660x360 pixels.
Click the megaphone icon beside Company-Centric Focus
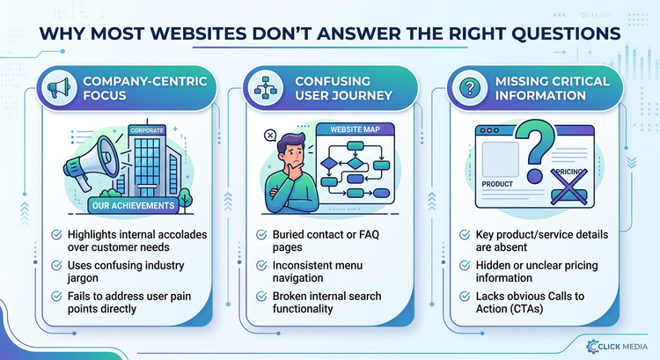pyautogui.click(x=59, y=87)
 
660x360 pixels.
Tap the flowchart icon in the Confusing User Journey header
pyautogui.click(x=266, y=87)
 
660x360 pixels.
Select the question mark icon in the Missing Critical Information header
pyautogui.click(x=470, y=88)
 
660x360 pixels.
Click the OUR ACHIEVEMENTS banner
pyautogui.click(x=134, y=205)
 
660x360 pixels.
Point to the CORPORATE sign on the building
pyautogui.click(x=147, y=130)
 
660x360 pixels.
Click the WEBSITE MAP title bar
pyautogui.click(x=355, y=129)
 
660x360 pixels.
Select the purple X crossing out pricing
pyautogui.click(x=568, y=187)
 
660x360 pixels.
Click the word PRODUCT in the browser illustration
pyautogui.click(x=497, y=184)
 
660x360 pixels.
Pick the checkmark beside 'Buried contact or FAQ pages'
pyautogui.click(x=261, y=234)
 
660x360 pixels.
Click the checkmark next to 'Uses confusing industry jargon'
pyautogui.click(x=56, y=265)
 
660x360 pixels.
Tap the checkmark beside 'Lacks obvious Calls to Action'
pyautogui.click(x=465, y=296)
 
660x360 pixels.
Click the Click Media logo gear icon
pyautogui.click(x=592, y=346)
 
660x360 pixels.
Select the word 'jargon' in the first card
pyautogui.click(x=83, y=278)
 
